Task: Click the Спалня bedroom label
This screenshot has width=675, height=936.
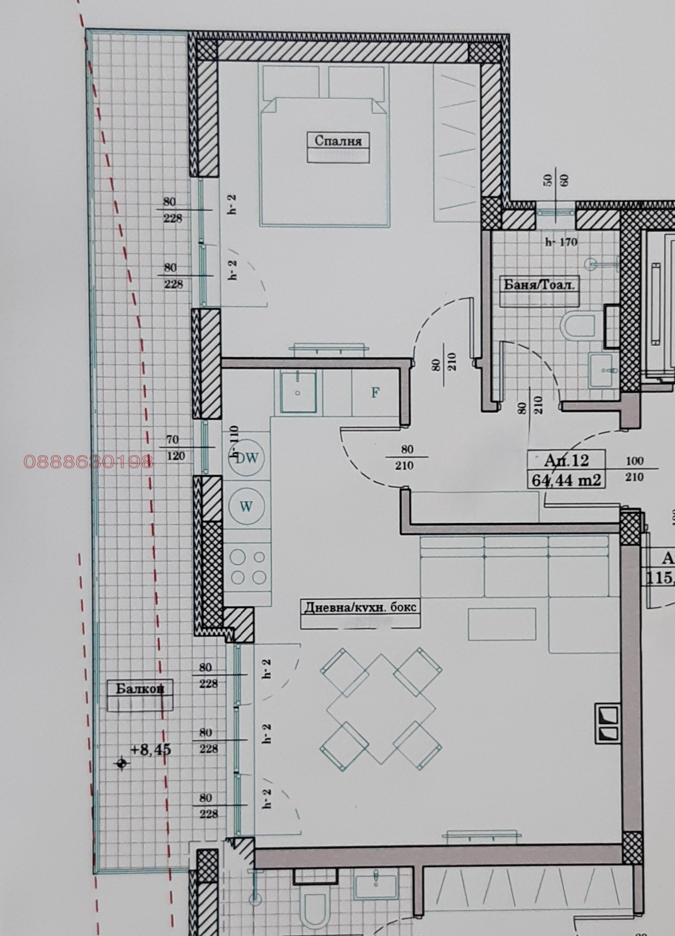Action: click(338, 140)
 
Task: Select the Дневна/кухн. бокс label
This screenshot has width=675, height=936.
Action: click(360, 607)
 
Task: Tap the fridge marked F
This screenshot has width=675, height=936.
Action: click(375, 393)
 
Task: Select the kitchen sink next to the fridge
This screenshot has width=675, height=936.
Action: click(298, 392)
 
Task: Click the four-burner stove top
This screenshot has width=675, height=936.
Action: click(248, 567)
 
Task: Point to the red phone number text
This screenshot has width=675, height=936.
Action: click(89, 462)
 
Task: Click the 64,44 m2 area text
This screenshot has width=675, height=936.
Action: click(566, 480)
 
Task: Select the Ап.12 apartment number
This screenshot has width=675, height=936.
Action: click(566, 461)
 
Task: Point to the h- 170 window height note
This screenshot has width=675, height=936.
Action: click(561, 242)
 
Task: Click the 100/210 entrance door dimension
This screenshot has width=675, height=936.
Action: click(634, 469)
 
